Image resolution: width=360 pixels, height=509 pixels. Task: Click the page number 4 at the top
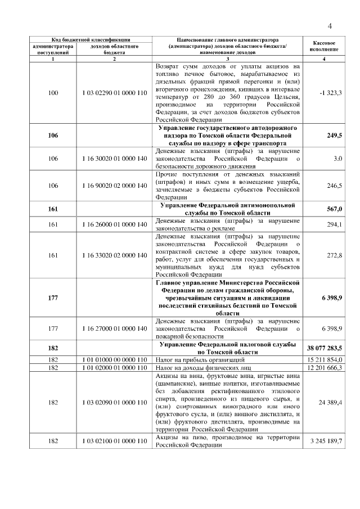click(x=330, y=25)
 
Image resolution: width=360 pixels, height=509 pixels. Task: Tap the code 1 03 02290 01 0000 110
click(x=114, y=93)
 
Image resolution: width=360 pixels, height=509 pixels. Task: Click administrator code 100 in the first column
click(x=53, y=93)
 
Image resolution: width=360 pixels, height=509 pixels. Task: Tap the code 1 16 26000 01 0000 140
click(x=114, y=225)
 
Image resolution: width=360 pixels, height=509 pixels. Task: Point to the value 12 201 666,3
click(x=325, y=367)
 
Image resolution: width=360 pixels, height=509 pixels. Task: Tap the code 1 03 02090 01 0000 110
click(x=114, y=402)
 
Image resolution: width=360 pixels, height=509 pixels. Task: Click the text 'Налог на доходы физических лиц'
click(x=203, y=367)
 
